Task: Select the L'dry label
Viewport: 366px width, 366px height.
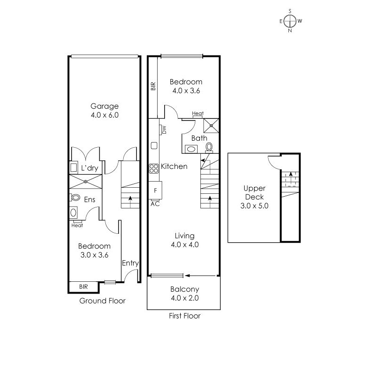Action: point(89,168)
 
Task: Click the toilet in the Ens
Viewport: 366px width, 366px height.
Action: point(74,198)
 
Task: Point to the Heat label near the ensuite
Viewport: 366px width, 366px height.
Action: point(77,225)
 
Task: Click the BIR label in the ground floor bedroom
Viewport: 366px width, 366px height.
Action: point(83,286)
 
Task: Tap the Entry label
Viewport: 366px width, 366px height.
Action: point(130,263)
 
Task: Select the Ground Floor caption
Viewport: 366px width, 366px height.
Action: point(102,301)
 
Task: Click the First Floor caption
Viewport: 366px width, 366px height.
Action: point(184,316)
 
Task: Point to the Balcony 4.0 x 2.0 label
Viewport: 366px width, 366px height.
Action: point(184,294)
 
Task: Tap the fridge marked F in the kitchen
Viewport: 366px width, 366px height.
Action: point(155,191)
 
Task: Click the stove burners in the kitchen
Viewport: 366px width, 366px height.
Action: point(153,168)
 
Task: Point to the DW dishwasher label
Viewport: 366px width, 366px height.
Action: point(164,129)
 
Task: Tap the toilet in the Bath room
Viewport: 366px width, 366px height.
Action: point(209,147)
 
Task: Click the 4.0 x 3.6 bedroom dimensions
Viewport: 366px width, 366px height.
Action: point(186,91)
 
